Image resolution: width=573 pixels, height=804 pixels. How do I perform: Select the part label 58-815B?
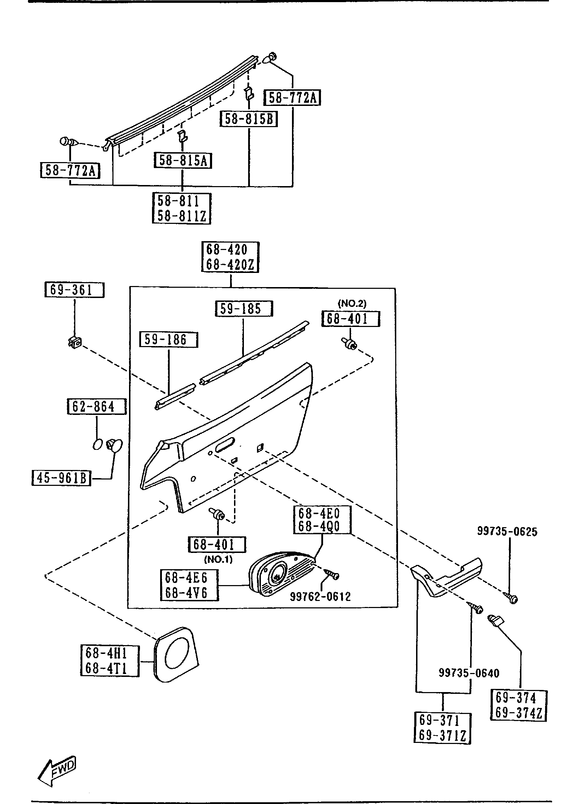(248, 119)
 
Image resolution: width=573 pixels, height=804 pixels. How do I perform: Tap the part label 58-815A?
(183, 161)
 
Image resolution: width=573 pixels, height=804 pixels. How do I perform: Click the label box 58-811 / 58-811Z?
(181, 208)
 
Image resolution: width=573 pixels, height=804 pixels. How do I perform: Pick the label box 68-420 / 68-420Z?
(230, 257)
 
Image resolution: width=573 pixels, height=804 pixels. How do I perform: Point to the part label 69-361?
(74, 290)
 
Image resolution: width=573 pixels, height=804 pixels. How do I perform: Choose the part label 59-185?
(244, 309)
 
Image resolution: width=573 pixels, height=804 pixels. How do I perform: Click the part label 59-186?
(168, 340)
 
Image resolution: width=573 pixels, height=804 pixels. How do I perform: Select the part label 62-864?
(97, 407)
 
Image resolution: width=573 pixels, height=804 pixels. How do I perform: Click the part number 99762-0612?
(320, 597)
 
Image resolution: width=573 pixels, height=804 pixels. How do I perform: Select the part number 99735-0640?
(469, 673)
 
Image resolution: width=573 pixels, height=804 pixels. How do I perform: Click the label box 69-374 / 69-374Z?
(519, 705)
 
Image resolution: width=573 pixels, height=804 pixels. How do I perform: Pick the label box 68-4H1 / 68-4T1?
(110, 661)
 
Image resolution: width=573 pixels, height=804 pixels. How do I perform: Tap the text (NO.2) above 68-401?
(352, 303)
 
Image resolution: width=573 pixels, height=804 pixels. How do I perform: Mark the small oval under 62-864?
(98, 444)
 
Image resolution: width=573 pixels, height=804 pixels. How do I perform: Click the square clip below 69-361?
(75, 341)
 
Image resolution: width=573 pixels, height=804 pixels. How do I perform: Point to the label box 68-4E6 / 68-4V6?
(189, 585)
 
